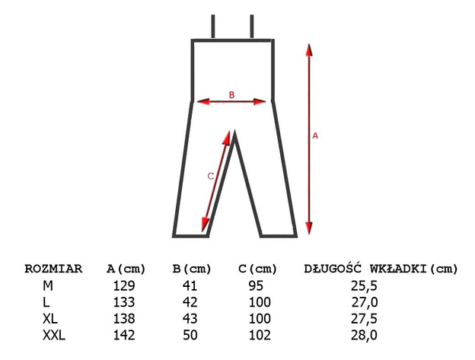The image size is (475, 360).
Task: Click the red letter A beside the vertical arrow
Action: (x=315, y=135)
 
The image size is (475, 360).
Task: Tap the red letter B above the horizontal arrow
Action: (x=231, y=95)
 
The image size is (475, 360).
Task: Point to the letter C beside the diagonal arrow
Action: (x=211, y=177)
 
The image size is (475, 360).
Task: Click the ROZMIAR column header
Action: (x=53, y=269)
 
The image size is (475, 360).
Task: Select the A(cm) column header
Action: (x=126, y=269)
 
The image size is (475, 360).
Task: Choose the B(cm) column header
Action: (x=192, y=269)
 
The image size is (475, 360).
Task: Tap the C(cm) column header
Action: (x=258, y=269)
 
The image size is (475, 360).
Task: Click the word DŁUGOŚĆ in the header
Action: (x=333, y=268)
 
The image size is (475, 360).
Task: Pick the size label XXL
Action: (x=54, y=335)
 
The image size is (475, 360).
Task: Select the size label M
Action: (x=48, y=286)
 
